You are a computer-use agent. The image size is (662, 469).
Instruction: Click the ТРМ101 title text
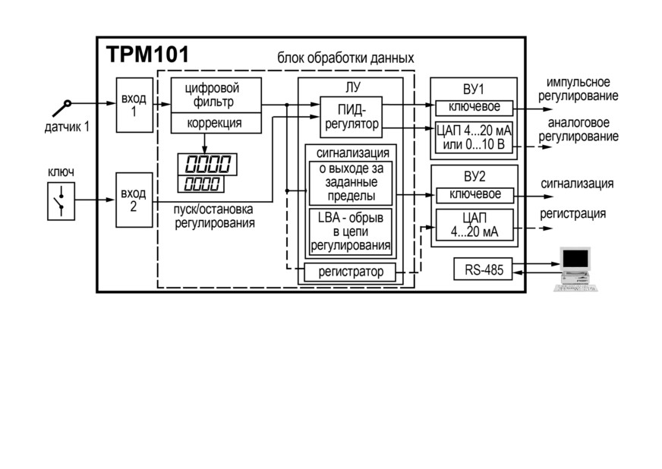148,55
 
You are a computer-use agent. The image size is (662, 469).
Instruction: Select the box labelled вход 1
134,105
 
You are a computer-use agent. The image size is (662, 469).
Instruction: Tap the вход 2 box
134,200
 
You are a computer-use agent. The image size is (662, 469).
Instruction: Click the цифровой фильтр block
216,95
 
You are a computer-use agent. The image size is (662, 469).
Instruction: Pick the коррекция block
216,123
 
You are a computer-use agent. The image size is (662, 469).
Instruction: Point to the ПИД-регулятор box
351,117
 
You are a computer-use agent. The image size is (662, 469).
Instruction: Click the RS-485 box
483,269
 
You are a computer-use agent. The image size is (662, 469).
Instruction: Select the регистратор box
350,272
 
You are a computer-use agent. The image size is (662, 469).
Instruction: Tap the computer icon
575,269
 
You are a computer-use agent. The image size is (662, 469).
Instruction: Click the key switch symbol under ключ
61,201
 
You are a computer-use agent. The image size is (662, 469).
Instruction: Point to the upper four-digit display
207,164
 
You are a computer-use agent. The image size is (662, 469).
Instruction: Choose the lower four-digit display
201,184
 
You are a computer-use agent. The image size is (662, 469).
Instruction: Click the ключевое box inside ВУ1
474,108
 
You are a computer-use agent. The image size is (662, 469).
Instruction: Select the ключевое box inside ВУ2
475,195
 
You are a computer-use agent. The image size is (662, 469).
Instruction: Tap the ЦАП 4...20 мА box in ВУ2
474,225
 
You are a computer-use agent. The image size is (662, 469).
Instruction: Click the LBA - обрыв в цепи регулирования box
351,231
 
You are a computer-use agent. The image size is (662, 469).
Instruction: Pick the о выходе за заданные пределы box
351,183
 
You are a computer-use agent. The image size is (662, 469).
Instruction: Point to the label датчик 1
67,127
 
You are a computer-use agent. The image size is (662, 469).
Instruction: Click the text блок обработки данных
345,58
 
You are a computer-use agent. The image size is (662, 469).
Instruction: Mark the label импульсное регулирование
578,89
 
